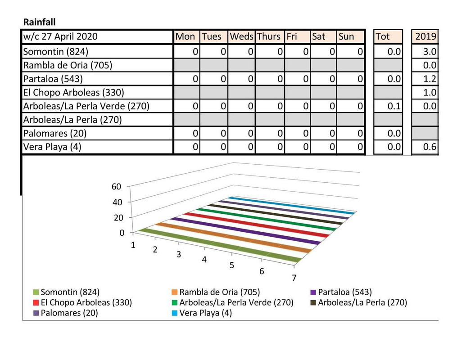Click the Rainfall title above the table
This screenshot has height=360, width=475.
tap(39, 22)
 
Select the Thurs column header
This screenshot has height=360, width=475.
tap(269, 36)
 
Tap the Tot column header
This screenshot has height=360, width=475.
tap(382, 36)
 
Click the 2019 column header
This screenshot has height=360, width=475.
tap(425, 36)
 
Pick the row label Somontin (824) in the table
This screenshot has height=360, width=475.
tap(56, 51)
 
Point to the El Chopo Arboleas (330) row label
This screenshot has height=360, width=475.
tap(73, 92)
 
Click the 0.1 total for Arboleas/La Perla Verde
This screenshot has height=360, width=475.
tap(394, 106)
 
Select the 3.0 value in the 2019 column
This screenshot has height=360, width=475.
tap(430, 51)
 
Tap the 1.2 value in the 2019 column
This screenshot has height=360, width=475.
tap(430, 79)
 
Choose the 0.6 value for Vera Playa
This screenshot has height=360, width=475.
tap(430, 147)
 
